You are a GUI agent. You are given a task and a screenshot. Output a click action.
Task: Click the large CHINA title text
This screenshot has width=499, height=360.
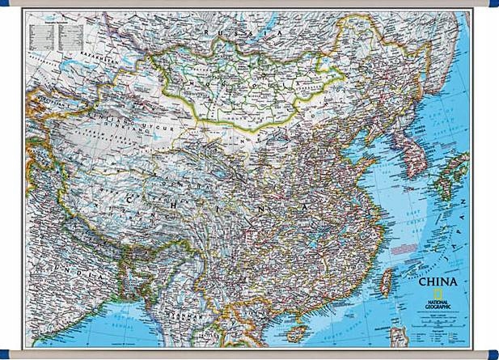pos(437,282)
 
